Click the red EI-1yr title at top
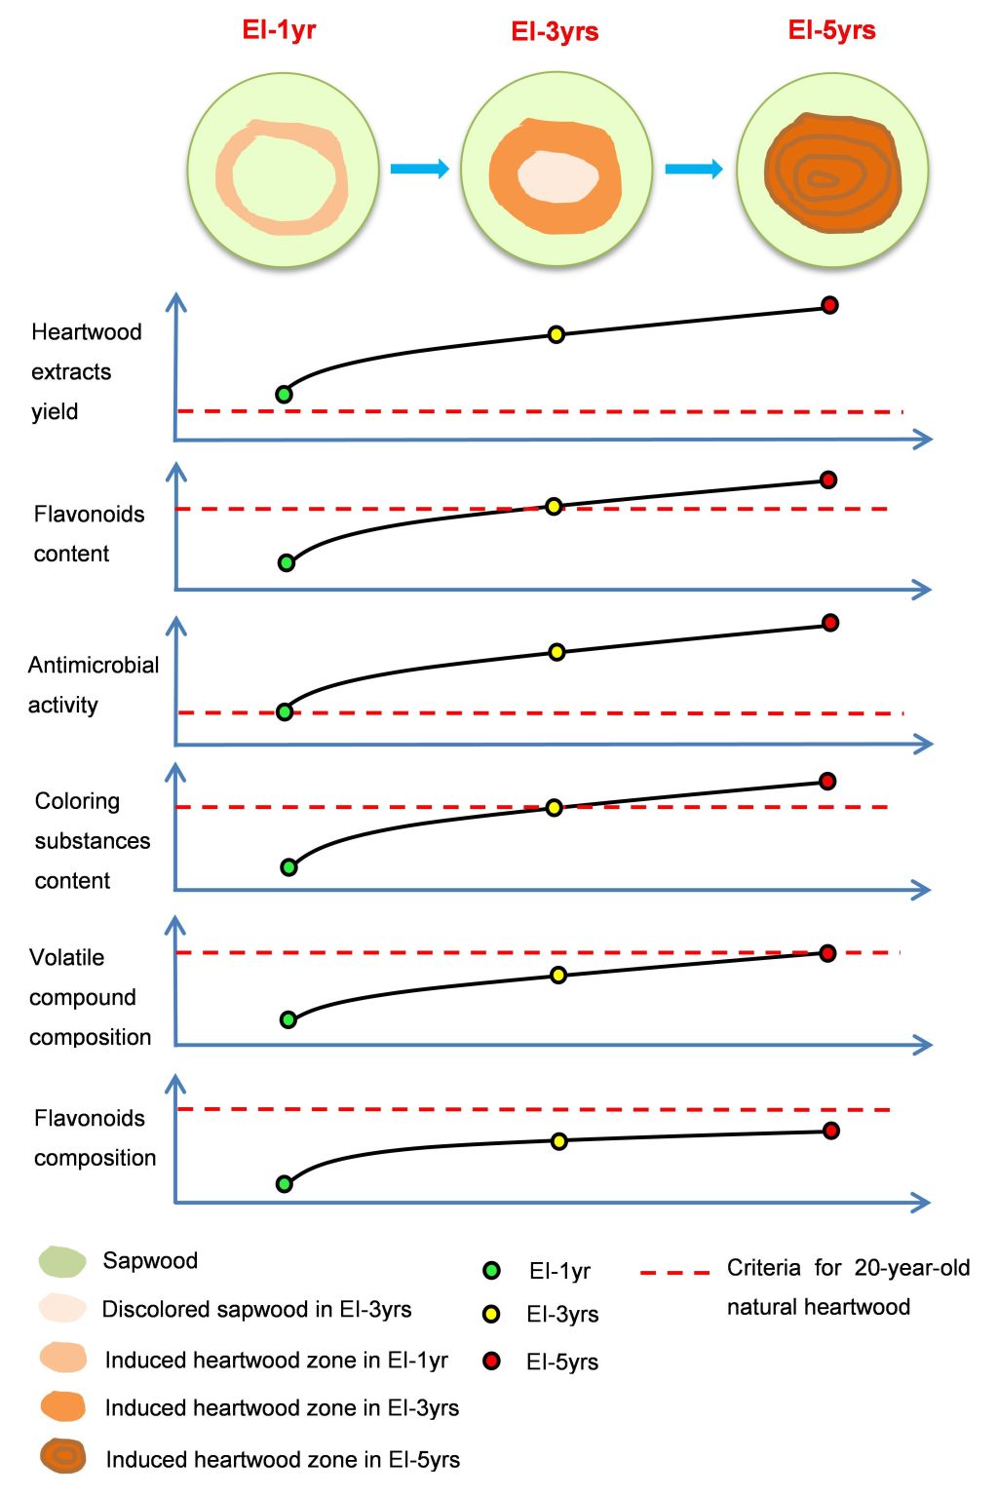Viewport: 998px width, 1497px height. point(279,30)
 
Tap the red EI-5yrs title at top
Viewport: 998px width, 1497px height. point(831,30)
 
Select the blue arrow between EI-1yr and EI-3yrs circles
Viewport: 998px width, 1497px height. point(419,169)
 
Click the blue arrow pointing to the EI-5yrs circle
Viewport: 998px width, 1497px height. point(694,169)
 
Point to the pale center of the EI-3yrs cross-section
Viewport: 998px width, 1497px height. point(557,176)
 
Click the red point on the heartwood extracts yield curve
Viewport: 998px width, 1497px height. point(829,305)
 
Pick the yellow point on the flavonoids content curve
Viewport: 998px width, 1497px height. point(554,506)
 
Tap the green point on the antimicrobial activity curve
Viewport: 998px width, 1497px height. point(285,711)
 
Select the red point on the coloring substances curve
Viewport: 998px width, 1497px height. point(827,781)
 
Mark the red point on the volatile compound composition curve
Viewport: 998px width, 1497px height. point(827,953)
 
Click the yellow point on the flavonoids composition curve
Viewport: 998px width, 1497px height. point(558,1141)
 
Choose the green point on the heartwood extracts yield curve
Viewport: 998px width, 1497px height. point(284,395)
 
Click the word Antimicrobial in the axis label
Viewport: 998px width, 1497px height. point(94,666)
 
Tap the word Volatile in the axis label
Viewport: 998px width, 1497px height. point(66,957)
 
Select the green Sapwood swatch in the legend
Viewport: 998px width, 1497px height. point(62,1261)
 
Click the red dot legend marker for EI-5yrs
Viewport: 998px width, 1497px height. point(491,1361)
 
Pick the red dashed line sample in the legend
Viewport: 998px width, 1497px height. point(674,1273)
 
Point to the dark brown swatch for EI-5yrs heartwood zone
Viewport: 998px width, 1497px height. point(63,1457)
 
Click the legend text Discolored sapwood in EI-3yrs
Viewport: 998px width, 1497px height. point(256,1309)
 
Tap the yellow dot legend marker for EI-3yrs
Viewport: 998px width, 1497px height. point(491,1314)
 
